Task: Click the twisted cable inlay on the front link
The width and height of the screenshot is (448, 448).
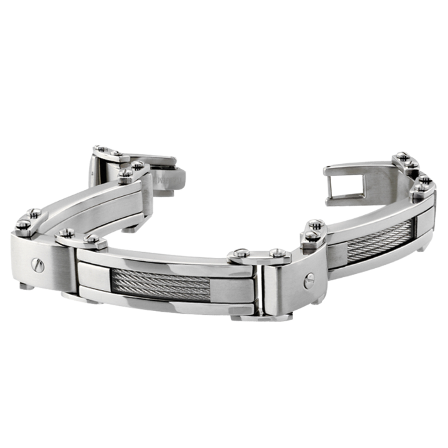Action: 161,284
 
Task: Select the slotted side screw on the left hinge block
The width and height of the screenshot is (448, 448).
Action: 39,265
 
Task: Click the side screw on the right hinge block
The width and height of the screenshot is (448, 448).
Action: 309,279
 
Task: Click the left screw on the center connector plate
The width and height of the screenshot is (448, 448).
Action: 241,253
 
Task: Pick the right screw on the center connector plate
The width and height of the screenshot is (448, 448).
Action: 279,253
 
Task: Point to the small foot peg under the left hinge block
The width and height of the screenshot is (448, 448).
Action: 26,285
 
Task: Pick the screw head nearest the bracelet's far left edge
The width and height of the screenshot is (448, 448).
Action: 23,225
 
